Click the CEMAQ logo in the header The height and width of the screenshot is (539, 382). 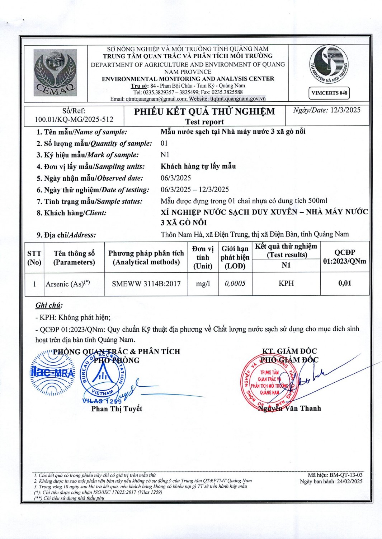(55, 73)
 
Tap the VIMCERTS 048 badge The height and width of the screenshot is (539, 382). (329, 93)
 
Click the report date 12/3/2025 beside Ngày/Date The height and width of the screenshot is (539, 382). (345, 110)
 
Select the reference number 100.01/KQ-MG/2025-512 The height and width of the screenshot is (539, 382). (74, 119)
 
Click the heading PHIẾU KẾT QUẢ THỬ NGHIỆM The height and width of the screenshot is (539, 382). (204, 112)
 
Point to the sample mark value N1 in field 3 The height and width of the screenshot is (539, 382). (165, 155)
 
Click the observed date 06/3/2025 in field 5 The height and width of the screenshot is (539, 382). (176, 178)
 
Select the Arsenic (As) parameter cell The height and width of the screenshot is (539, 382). (68, 284)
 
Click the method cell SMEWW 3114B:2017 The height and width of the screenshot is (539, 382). (146, 284)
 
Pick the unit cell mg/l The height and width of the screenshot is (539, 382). (203, 284)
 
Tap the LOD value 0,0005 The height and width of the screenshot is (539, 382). (235, 284)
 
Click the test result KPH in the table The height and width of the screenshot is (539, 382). (286, 284)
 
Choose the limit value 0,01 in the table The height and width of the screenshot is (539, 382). (345, 283)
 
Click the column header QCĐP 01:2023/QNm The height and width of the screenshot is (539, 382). (345, 257)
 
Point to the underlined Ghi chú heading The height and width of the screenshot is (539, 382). (49, 305)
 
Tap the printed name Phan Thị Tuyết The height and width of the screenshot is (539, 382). (117, 409)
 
